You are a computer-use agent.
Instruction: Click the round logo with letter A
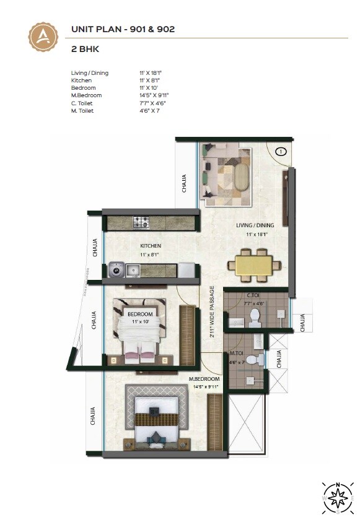43,36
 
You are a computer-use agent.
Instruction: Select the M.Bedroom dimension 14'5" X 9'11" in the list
154,95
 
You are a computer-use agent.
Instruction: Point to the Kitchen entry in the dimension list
82,80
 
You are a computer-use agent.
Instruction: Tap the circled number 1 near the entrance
281,151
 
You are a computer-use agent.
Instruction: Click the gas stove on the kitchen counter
141,221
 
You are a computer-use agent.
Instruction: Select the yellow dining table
255,264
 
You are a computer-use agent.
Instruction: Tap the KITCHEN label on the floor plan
151,246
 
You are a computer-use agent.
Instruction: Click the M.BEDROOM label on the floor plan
204,378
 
